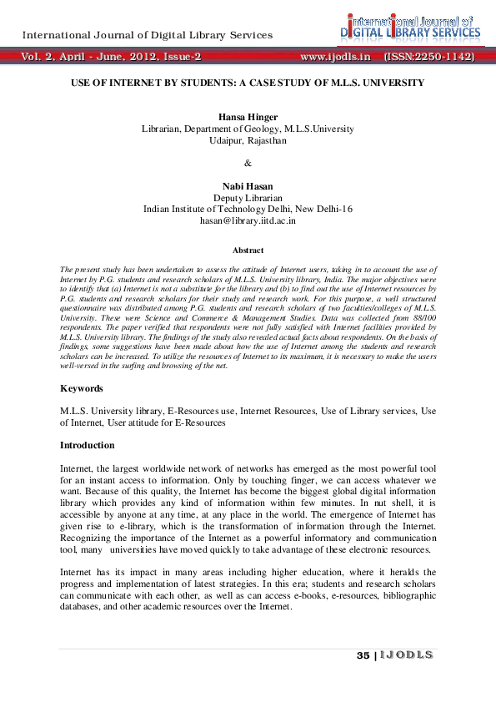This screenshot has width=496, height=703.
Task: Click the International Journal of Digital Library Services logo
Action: (x=406, y=27)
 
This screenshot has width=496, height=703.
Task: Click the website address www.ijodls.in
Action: (x=334, y=57)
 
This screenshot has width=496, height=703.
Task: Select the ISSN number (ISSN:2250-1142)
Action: (x=428, y=57)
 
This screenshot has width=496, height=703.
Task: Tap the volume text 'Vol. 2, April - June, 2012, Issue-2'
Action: (x=112, y=57)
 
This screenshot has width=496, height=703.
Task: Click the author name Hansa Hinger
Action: (x=248, y=118)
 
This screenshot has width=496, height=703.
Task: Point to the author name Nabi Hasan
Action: (x=248, y=186)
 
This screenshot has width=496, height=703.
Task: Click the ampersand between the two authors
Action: (x=248, y=163)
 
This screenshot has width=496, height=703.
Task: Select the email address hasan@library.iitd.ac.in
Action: (x=248, y=220)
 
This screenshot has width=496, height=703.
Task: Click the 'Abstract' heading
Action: (x=248, y=250)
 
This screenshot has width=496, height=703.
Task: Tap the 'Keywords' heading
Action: (x=82, y=388)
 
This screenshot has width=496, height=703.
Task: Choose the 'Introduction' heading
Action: (x=87, y=445)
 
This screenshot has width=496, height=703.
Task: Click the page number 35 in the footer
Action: (x=362, y=655)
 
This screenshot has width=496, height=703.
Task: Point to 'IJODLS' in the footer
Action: (x=406, y=655)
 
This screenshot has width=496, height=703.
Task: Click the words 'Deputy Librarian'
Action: (x=248, y=198)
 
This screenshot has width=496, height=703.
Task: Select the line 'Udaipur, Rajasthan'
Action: (x=248, y=140)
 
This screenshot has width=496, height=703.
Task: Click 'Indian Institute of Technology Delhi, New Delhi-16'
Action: (x=248, y=209)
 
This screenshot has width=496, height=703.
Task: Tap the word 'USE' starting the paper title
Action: (x=80, y=83)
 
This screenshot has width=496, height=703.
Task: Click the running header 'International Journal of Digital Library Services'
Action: (x=147, y=35)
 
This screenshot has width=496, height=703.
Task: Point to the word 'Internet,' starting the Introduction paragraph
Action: (x=78, y=470)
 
